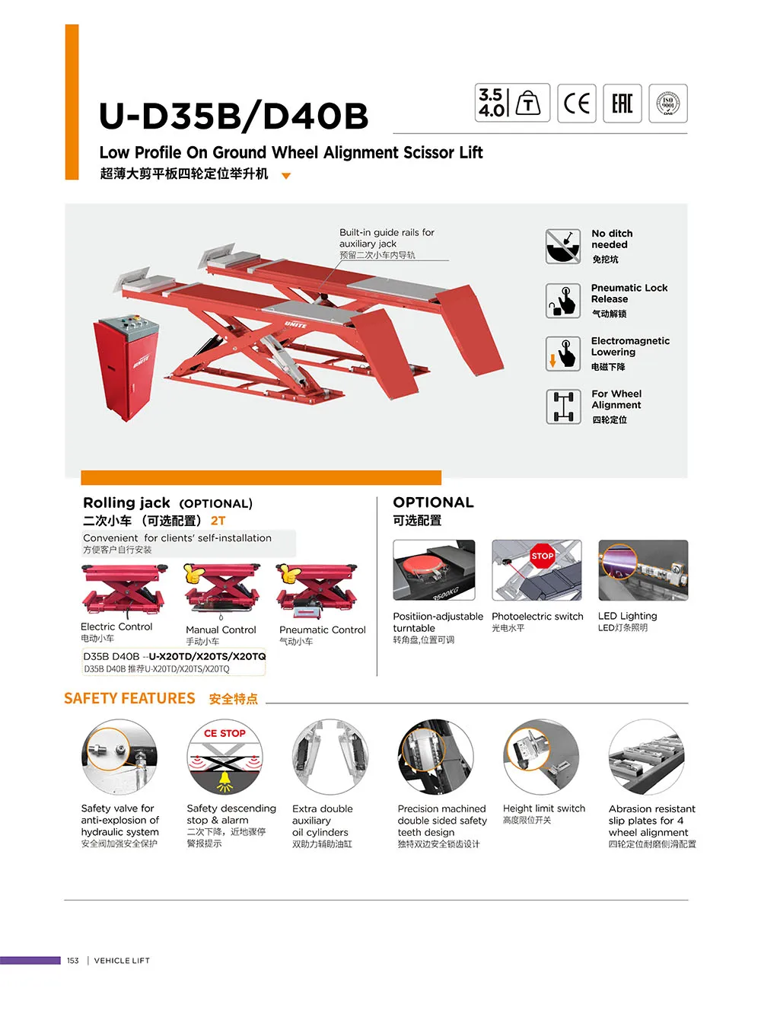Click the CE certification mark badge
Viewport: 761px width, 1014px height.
[576, 103]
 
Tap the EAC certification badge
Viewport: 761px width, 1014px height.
[622, 103]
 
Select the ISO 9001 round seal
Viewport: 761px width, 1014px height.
[668, 103]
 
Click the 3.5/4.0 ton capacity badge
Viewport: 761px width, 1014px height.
[512, 103]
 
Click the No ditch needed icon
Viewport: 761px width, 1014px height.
[563, 247]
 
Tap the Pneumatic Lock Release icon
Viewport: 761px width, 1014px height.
[563, 301]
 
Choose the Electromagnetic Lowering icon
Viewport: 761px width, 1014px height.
[563, 354]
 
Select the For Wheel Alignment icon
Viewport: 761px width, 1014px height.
[563, 407]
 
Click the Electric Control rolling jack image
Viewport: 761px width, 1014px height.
[124, 591]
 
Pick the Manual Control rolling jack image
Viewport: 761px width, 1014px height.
[221, 591]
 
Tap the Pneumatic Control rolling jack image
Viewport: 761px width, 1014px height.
[316, 591]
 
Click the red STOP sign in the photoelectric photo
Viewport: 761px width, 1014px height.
[542, 556]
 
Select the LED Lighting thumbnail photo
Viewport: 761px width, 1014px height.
[643, 570]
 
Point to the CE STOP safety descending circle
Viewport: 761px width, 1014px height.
[224, 758]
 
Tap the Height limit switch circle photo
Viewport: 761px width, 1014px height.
[541, 758]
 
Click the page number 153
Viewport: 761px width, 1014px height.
[73, 961]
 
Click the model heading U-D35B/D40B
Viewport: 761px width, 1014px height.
[234, 116]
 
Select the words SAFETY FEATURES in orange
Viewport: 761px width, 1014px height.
[129, 699]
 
